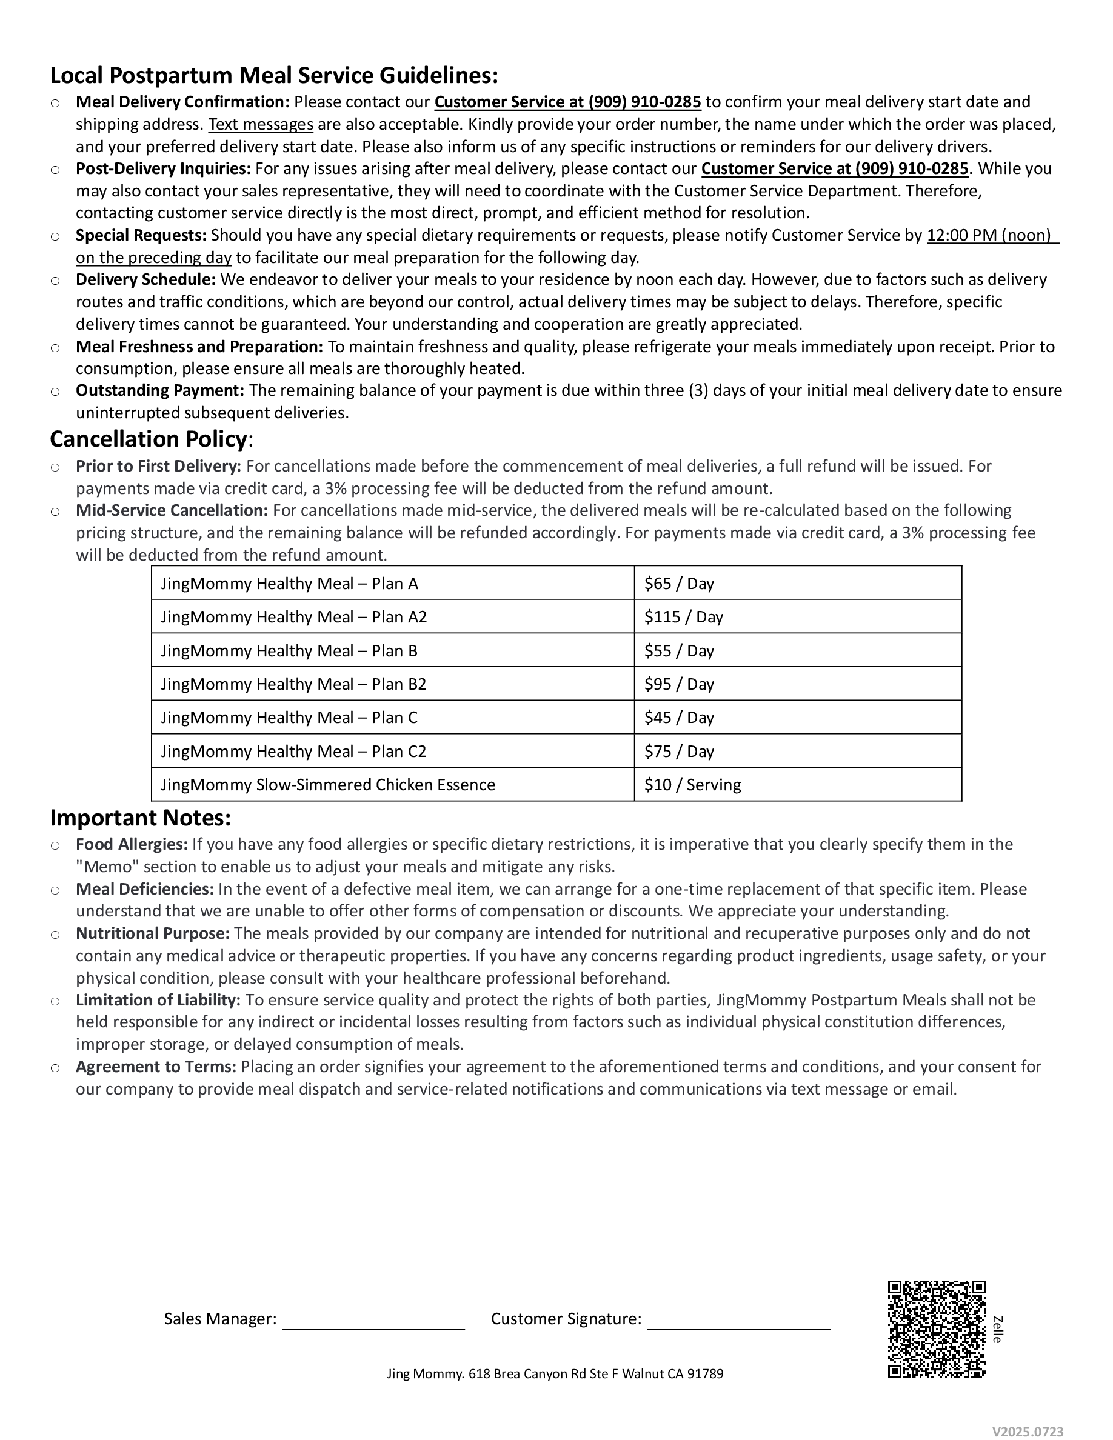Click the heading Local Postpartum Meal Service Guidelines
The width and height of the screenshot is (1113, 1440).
pos(273,76)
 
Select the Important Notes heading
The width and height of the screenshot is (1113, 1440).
pos(140,818)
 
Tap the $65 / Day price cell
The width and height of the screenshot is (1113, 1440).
pos(678,584)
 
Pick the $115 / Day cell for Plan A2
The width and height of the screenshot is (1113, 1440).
pos(683,617)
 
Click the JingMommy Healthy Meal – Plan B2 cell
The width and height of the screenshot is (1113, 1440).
pos(293,684)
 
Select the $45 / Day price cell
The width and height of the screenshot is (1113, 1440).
pos(678,718)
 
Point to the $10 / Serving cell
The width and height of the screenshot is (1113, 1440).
pos(692,785)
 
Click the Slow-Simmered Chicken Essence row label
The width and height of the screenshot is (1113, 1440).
pos(328,785)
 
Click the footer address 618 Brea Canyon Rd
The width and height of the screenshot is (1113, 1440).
pos(555,1374)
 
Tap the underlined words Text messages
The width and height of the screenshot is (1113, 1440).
pos(261,125)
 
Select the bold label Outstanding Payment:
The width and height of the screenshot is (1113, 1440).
pos(159,390)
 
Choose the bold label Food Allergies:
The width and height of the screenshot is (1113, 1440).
pos(131,845)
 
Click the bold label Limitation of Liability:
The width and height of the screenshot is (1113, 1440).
pos(158,1000)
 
